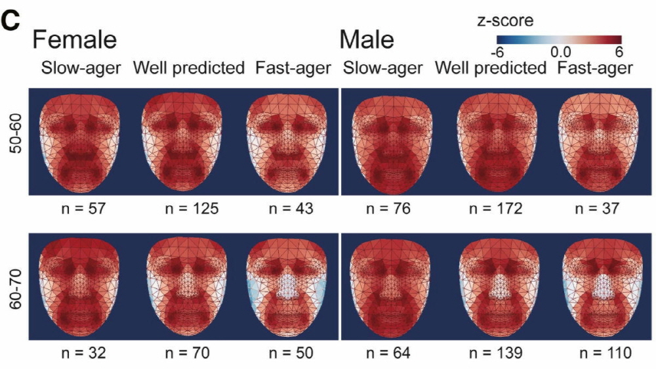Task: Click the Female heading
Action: point(74,41)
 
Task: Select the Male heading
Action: point(367,41)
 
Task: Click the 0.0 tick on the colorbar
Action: point(561,51)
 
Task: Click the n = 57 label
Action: point(80,209)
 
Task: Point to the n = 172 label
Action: point(491,209)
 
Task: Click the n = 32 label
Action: point(80,354)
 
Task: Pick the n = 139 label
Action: point(491,354)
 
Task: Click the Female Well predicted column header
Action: point(189,68)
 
